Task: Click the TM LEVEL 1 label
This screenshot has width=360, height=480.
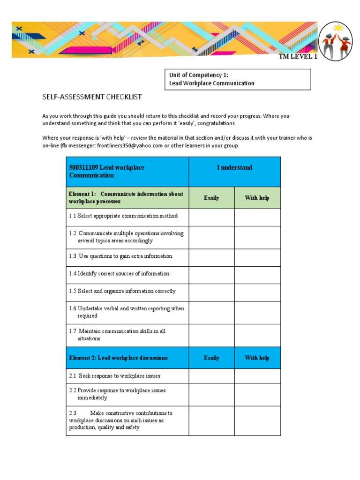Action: (x=298, y=57)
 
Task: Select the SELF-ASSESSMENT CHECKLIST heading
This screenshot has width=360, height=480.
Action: (x=92, y=97)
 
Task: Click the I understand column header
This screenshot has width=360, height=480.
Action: (x=234, y=167)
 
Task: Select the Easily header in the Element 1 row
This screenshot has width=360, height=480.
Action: (x=211, y=198)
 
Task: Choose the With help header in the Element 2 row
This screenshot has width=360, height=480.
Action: (x=257, y=358)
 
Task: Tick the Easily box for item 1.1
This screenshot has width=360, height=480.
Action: (x=211, y=217)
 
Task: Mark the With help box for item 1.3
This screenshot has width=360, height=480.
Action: (x=257, y=257)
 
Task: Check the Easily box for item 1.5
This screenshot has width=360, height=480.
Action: (x=211, y=292)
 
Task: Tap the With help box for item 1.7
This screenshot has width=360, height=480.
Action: (x=257, y=335)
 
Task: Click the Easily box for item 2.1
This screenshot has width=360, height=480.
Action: (x=211, y=376)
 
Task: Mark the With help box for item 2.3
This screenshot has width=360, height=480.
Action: (x=257, y=420)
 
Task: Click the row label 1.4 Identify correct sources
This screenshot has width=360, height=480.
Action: (x=119, y=274)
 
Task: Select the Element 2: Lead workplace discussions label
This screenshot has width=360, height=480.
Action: (x=118, y=358)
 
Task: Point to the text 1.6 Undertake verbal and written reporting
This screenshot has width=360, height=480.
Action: (x=126, y=308)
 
